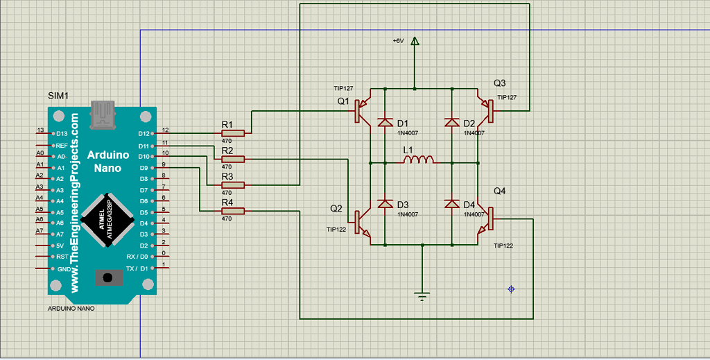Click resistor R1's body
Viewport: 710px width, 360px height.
tap(233, 132)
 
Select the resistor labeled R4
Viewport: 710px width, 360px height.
tap(233, 211)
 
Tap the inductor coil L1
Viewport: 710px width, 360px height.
tap(419, 160)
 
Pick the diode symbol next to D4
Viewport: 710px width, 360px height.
tap(452, 204)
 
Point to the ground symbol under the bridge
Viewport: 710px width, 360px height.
tap(422, 297)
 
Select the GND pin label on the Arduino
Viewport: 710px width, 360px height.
tap(62, 268)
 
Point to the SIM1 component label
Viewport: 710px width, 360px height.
tap(58, 95)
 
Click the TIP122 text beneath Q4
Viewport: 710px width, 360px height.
tap(503, 246)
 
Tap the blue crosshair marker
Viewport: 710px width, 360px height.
tap(511, 289)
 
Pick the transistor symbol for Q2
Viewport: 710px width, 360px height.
tap(363, 221)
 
